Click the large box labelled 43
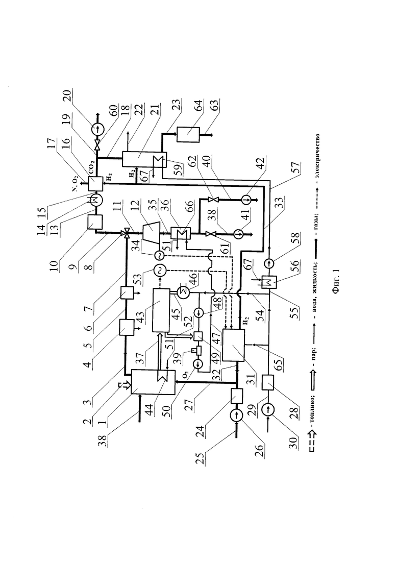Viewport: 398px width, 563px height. tap(160, 310)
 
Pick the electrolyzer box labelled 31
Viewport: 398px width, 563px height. tap(233, 345)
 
